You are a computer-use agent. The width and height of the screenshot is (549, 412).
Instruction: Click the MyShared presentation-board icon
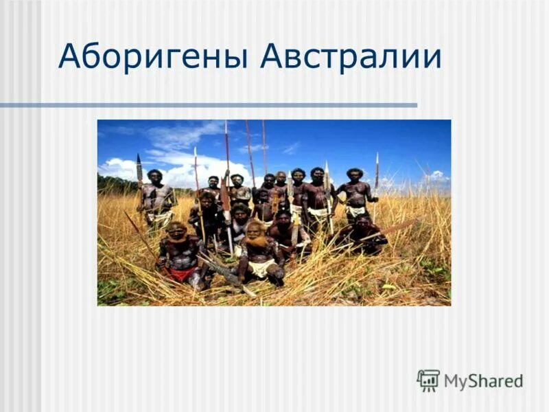[x=428, y=380]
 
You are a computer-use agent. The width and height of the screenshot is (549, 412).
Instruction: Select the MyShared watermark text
[x=483, y=380]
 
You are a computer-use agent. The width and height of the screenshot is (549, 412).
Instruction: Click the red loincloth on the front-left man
[x=180, y=273]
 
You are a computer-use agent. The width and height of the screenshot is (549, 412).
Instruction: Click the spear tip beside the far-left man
[x=139, y=165]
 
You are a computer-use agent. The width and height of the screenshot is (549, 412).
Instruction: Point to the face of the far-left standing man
[x=154, y=177]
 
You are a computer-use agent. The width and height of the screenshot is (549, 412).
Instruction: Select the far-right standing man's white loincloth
[x=355, y=211]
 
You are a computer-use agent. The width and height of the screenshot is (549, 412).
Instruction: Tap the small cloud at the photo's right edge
[x=435, y=176]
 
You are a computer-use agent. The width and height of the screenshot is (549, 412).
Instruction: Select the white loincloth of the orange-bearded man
[x=261, y=268]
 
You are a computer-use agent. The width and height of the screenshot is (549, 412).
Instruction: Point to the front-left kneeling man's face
[x=178, y=232]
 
